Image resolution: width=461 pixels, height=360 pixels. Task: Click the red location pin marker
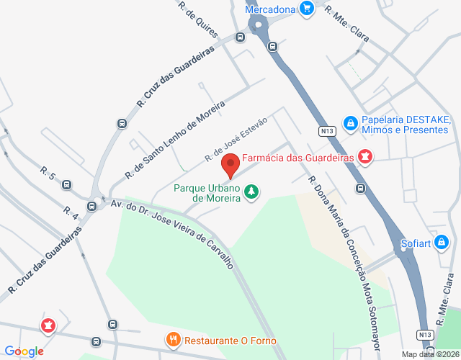(x=230, y=165)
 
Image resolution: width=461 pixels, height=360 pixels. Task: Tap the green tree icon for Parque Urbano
(x=251, y=192)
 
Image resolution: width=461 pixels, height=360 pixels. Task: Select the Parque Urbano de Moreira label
(x=207, y=193)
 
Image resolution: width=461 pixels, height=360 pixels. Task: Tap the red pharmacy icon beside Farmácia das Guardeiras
(x=365, y=157)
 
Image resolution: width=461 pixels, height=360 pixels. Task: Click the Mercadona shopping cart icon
(x=308, y=9)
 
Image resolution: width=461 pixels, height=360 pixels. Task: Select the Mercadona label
(x=271, y=9)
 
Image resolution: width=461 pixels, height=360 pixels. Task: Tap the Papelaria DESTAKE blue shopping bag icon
(x=350, y=124)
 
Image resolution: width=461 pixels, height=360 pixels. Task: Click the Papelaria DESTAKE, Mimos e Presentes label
(x=405, y=125)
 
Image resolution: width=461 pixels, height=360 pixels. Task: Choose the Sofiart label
(x=415, y=243)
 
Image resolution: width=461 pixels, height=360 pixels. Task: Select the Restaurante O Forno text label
(x=230, y=341)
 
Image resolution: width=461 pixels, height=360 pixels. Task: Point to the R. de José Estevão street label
(x=236, y=138)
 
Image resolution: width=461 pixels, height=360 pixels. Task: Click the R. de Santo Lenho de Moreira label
(x=174, y=140)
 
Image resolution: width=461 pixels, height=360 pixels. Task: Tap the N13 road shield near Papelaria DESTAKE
(x=326, y=130)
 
